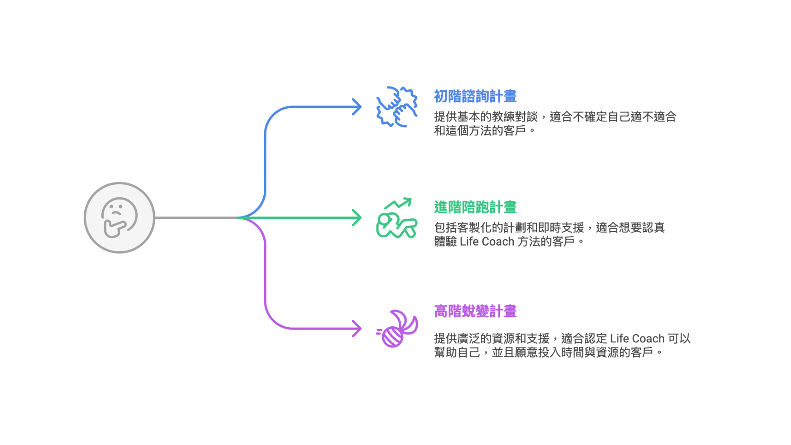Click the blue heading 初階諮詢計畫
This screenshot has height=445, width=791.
click(475, 96)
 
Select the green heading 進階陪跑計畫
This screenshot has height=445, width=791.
click(475, 207)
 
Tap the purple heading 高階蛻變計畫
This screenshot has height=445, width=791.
click(475, 311)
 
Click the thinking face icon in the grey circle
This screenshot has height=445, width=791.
click(119, 218)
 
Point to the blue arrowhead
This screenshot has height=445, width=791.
click(357, 107)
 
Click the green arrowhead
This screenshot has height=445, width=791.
click(357, 218)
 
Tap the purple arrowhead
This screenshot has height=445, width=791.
click(357, 329)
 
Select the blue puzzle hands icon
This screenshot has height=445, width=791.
click(397, 107)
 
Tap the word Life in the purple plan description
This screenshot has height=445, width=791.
click(619, 339)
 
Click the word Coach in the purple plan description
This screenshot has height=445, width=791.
click(648, 339)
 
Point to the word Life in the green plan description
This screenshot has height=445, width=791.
click(469, 241)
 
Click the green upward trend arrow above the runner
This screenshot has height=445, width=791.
click(398, 203)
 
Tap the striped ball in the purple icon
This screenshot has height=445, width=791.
click(392, 337)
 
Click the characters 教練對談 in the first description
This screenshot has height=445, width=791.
click(515, 117)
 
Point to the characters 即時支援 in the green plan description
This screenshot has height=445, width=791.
click(561, 228)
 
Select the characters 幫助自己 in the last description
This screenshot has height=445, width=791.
click(457, 353)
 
